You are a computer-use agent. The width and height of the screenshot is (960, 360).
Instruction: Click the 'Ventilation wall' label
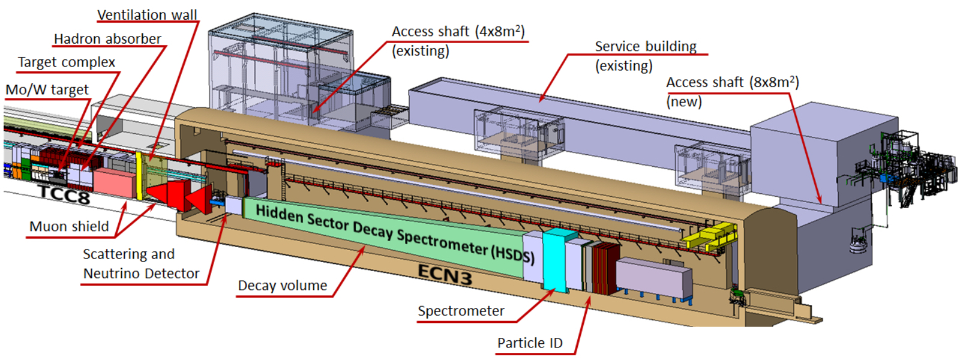click(147, 15)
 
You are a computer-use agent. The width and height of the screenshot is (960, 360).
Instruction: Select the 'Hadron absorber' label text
click(107, 39)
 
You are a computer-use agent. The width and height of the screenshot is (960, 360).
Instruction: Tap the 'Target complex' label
click(66, 62)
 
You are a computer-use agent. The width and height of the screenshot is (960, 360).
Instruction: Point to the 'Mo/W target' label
click(47, 90)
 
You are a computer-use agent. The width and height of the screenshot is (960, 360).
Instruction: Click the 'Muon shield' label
click(69, 227)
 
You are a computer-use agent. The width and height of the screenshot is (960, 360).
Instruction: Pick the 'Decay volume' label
click(282, 286)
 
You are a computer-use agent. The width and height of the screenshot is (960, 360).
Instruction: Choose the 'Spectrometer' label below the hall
click(461, 311)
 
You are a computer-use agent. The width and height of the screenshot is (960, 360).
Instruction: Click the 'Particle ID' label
click(530, 343)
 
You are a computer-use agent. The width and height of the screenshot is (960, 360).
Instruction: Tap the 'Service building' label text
click(646, 47)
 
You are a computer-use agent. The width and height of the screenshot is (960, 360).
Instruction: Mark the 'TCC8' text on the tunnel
click(63, 194)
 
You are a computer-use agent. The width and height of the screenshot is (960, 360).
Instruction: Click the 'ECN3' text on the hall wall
click(445, 275)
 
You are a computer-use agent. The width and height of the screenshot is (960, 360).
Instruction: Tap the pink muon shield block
click(114, 182)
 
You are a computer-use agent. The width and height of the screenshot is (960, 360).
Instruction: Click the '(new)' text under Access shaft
click(684, 102)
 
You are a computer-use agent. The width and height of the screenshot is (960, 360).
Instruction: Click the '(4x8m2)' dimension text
click(500, 31)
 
